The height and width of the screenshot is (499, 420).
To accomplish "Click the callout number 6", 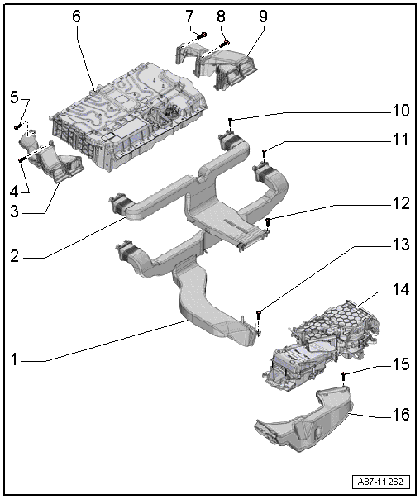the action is click(x=76, y=16).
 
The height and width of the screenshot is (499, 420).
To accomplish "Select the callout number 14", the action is click(x=400, y=289).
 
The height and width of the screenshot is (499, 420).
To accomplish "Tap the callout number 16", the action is click(x=400, y=415).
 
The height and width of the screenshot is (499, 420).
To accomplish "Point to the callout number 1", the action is click(x=14, y=359).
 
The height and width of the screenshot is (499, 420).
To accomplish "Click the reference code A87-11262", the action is click(x=380, y=482).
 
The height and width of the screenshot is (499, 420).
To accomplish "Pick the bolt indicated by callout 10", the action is click(x=230, y=122).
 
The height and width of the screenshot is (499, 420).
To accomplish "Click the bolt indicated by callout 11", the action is click(x=264, y=154).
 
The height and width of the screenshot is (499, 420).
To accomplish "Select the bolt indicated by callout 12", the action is click(x=268, y=222).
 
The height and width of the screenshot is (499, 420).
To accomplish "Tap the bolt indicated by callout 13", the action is click(x=259, y=316).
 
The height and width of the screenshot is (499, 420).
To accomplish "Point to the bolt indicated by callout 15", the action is click(x=343, y=376).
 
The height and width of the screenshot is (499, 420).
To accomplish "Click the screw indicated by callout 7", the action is click(x=203, y=36).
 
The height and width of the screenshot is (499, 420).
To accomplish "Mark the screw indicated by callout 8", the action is click(x=225, y=44).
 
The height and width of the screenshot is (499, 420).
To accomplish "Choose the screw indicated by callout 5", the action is click(x=17, y=126).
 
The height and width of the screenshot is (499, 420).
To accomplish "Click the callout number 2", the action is click(x=14, y=256).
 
